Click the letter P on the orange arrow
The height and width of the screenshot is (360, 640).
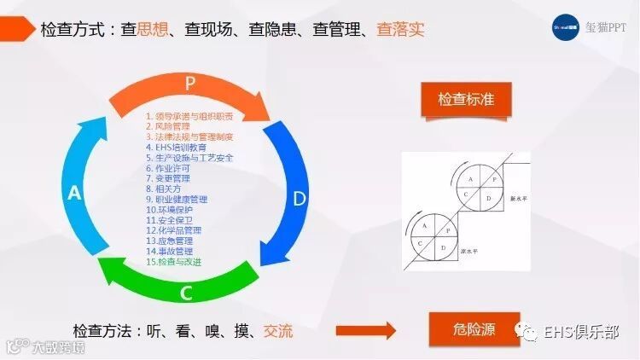pyautogui.click(x=189, y=84)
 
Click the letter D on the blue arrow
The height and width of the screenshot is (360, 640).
pyautogui.click(x=299, y=200)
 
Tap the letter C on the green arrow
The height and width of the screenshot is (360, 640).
pyautogui.click(x=186, y=293)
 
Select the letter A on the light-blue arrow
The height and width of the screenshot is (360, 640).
pyautogui.click(x=74, y=194)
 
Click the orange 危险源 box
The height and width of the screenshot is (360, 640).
pyautogui.click(x=474, y=329)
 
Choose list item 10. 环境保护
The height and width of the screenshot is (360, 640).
pyautogui.click(x=171, y=210)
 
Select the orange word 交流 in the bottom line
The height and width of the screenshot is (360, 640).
pyautogui.click(x=278, y=331)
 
